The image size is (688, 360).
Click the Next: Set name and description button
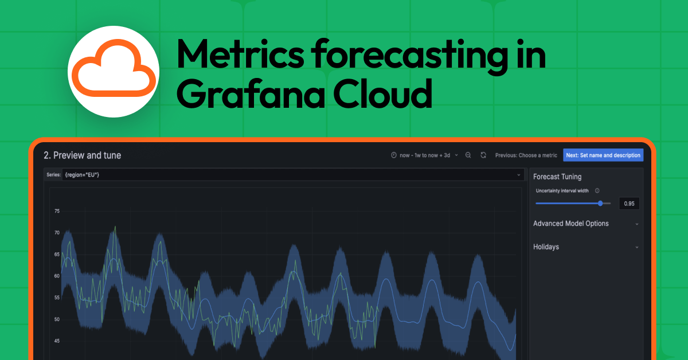pyautogui.click(x=603, y=155)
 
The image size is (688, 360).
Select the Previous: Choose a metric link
pyautogui.click(x=526, y=155)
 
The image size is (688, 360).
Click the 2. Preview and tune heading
pyautogui.click(x=83, y=155)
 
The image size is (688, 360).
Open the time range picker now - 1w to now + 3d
pyautogui.click(x=424, y=155)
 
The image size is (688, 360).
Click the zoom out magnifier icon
pyautogui.click(x=468, y=155)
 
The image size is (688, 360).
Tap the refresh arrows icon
pyautogui.click(x=483, y=155)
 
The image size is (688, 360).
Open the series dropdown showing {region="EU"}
pyautogui.click(x=292, y=174)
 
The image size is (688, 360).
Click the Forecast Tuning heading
pyautogui.click(x=557, y=177)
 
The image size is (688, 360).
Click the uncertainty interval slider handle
pyautogui.click(x=600, y=203)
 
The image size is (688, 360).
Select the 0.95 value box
pyautogui.click(x=629, y=203)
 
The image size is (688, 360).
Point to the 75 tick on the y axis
pyautogui.click(x=57, y=212)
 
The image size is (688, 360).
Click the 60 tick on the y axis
pyautogui.click(x=57, y=276)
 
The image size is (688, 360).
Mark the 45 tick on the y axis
pyautogui.click(x=57, y=341)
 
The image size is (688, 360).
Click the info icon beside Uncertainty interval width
pyautogui.click(x=597, y=191)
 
